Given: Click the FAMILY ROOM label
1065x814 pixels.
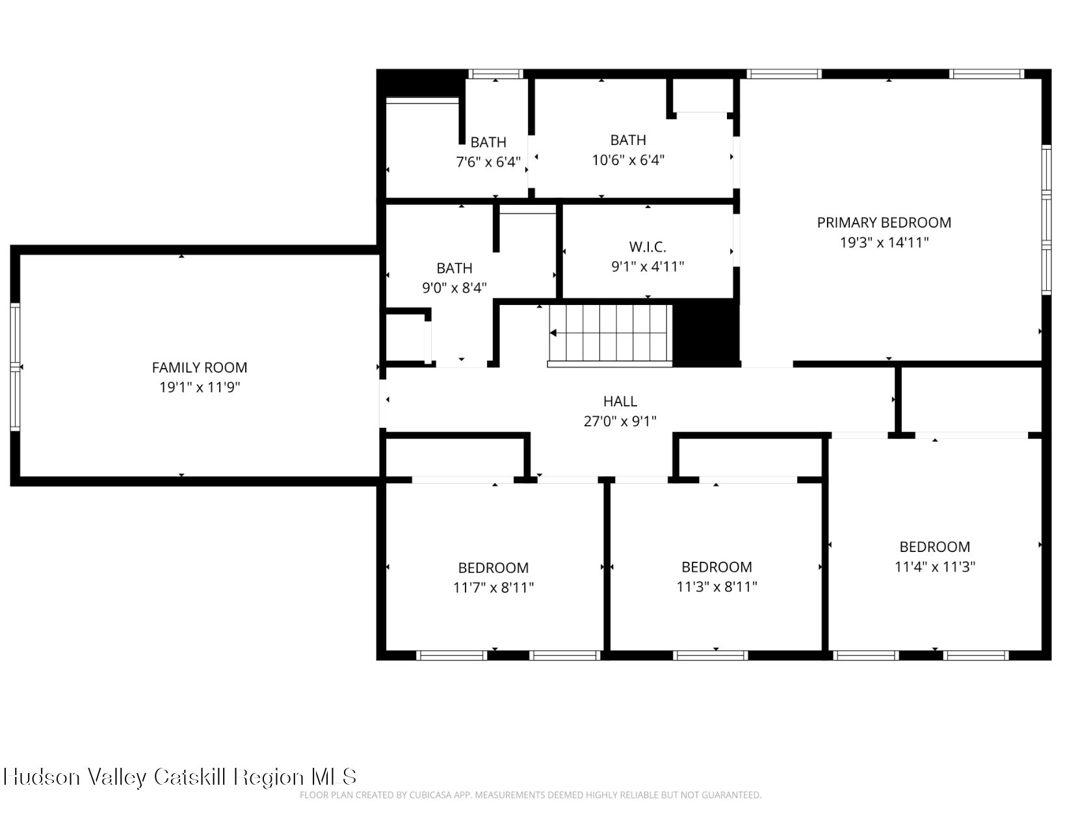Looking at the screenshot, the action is [x=200, y=368].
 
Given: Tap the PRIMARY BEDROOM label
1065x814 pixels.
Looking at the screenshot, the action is [x=884, y=222].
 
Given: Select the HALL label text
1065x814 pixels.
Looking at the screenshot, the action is [x=620, y=401].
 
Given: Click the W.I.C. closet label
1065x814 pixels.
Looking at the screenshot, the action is [x=648, y=247].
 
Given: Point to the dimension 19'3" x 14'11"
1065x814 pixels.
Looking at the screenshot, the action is [x=884, y=242].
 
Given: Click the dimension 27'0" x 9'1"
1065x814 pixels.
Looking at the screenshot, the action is [x=620, y=421].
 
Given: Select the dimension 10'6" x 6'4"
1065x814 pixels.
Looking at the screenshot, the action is [x=628, y=159].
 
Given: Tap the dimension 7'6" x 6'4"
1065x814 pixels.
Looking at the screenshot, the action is [x=488, y=161].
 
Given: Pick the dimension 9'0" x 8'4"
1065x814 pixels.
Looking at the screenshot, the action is [x=454, y=287].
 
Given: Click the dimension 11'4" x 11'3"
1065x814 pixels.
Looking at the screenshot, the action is [x=934, y=566].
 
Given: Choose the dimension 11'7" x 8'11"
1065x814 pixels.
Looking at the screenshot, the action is [x=493, y=588].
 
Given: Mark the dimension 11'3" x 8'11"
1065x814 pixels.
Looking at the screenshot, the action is [x=717, y=587].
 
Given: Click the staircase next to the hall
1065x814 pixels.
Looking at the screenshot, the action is [x=611, y=334].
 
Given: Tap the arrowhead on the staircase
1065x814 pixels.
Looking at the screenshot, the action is [x=553, y=333].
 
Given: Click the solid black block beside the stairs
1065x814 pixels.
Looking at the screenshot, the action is [x=706, y=334].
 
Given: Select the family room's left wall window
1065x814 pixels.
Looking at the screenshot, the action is [x=16, y=367].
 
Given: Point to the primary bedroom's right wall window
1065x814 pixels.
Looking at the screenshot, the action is [x=1047, y=220].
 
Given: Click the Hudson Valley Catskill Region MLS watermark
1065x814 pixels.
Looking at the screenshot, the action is [x=180, y=777].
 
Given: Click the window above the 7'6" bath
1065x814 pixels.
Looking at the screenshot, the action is [x=495, y=73].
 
